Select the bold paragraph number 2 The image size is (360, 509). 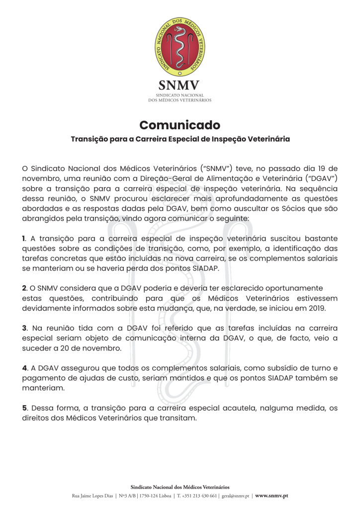click(x=24, y=288)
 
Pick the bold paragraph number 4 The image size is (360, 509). click(x=24, y=368)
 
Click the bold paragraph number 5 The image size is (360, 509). click(x=24, y=408)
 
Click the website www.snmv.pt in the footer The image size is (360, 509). click(x=271, y=496)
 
